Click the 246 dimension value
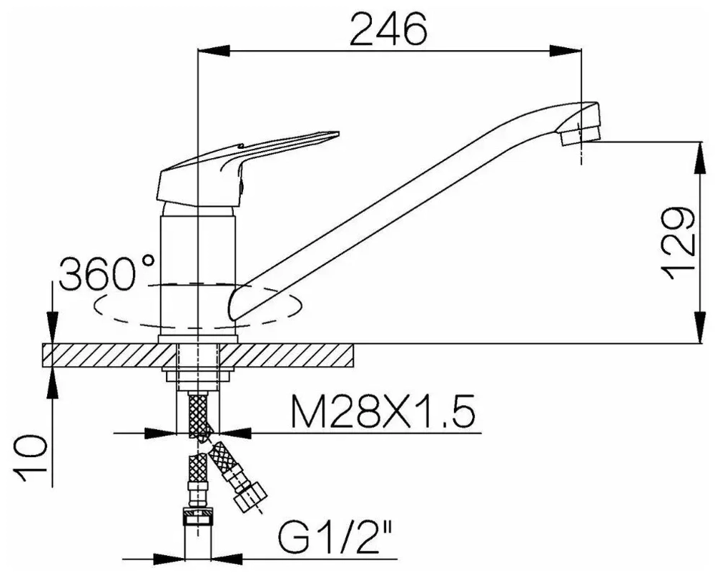pyautogui.click(x=389, y=28)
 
